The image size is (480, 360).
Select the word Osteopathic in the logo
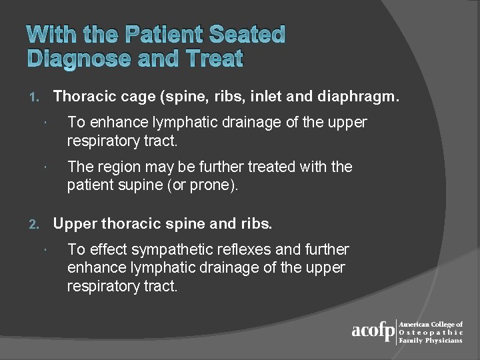(x=430, y=332)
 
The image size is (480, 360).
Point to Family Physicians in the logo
(x=430, y=340)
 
